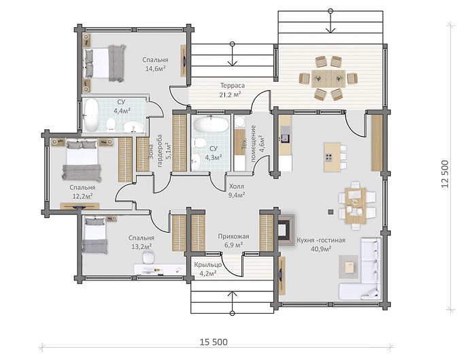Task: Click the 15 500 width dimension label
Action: (214, 342)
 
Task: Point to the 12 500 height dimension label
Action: (445, 174)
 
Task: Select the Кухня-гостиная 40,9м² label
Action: (321, 244)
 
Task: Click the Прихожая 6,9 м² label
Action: (233, 240)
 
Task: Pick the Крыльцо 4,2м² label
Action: (208, 269)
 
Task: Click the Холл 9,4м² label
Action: (237, 191)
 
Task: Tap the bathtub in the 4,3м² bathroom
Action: (211, 125)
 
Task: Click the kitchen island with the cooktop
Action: (333, 157)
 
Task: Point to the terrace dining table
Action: (328, 78)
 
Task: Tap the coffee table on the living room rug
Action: (349, 267)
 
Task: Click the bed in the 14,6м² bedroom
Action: (104, 63)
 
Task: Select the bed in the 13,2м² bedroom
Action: (95, 235)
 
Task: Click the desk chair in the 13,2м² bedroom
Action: (148, 257)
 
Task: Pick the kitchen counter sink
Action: (285, 139)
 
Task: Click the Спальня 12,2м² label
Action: (82, 192)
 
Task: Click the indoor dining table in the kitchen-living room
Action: (356, 206)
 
